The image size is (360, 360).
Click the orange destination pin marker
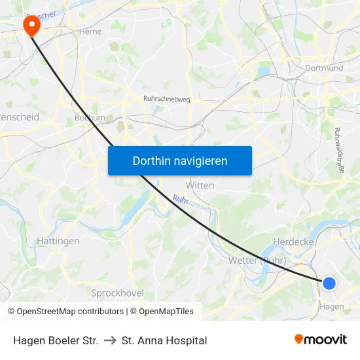[31, 25]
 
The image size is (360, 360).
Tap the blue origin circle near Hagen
[329, 283]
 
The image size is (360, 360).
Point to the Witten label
[200, 185]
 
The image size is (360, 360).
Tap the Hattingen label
[58, 241]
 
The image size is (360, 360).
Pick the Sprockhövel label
[117, 293]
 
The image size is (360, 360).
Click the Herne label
[90, 31]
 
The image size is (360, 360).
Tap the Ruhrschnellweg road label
[166, 99]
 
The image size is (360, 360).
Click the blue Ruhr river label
[181, 199]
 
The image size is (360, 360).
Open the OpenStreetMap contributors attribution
[69, 312]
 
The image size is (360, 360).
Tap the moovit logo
[320, 339]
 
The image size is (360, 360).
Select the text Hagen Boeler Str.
[56, 340]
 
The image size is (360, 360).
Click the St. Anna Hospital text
[164, 340]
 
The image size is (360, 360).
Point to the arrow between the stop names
[110, 340]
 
